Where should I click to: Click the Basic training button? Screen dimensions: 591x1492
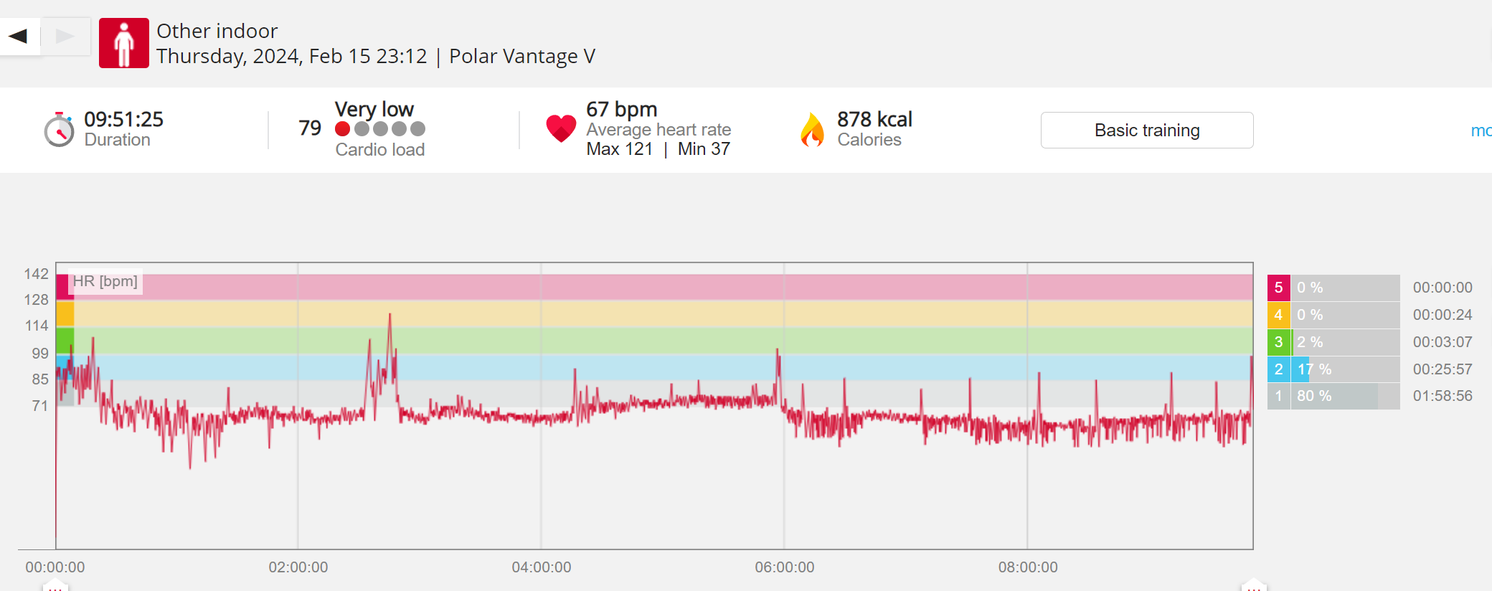pyautogui.click(x=1146, y=130)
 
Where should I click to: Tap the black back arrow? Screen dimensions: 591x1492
pyautogui.click(x=19, y=36)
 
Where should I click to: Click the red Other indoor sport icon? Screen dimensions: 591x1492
pyautogui.click(x=124, y=43)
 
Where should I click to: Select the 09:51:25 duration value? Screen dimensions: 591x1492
pyautogui.click(x=123, y=119)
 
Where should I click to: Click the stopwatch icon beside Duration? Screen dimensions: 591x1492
pyautogui.click(x=59, y=130)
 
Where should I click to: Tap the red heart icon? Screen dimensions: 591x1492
pyautogui.click(x=561, y=128)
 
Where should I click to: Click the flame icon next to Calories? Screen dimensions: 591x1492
pyautogui.click(x=813, y=130)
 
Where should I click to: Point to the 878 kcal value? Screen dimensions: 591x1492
pyautogui.click(x=874, y=119)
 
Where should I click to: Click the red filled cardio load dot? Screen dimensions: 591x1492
pyautogui.click(x=343, y=128)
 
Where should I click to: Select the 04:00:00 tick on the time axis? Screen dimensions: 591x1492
pyautogui.click(x=541, y=567)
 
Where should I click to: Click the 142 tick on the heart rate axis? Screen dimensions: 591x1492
pyautogui.click(x=36, y=274)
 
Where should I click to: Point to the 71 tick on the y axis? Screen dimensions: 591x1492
pyautogui.click(x=40, y=406)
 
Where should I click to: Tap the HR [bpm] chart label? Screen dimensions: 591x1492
pyautogui.click(x=105, y=281)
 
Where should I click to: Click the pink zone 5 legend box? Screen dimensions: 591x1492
pyautogui.click(x=1278, y=288)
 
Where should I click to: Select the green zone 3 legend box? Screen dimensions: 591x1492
pyautogui.click(x=1278, y=342)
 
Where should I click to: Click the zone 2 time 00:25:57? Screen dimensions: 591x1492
pyautogui.click(x=1442, y=369)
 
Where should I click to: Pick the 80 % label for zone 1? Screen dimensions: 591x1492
pyautogui.click(x=1314, y=396)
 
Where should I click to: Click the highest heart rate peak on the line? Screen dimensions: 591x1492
pyautogui.click(x=390, y=315)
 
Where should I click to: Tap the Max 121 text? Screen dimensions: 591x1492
pyautogui.click(x=620, y=149)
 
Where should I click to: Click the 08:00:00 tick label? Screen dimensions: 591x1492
pyautogui.click(x=1027, y=567)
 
